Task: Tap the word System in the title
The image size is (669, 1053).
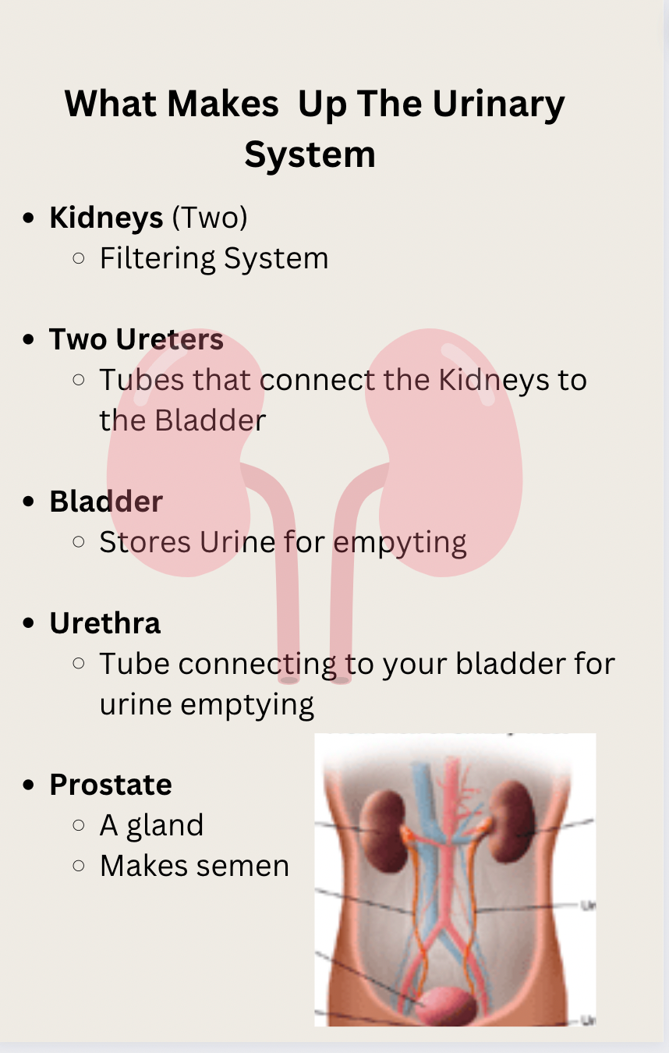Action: [310, 154]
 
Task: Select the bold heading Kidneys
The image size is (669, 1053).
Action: [106, 218]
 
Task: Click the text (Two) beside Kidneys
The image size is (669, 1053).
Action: [209, 218]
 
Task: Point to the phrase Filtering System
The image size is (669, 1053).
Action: [214, 258]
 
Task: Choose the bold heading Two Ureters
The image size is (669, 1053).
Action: [136, 339]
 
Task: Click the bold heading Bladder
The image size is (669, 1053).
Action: [106, 502]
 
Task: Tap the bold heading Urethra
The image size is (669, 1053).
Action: [104, 623]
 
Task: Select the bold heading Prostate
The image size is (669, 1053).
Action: [110, 785]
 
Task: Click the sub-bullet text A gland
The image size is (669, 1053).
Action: [151, 825]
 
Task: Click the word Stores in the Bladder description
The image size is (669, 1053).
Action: [145, 542]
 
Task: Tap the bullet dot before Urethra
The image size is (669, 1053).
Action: [30, 624]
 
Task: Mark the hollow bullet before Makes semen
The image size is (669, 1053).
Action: [78, 866]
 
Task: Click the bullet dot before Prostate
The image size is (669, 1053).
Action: [30, 785]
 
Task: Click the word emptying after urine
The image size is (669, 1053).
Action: [247, 704]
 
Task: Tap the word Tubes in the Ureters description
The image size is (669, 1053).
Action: [142, 380]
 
